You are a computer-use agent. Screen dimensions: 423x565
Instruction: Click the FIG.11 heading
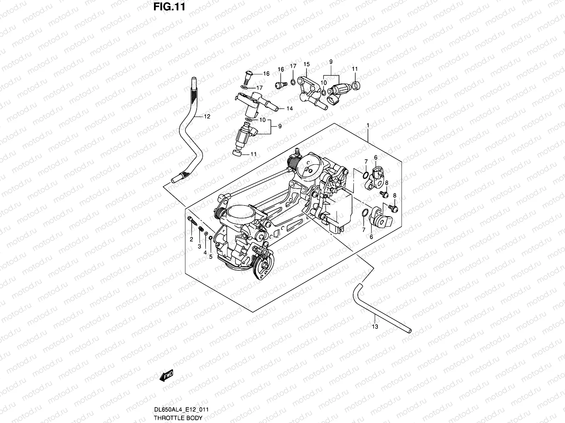(169, 7)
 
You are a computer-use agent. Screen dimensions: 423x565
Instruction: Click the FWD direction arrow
(166, 376)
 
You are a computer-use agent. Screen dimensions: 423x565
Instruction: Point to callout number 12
(207, 117)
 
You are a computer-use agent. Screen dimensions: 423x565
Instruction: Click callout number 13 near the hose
(375, 327)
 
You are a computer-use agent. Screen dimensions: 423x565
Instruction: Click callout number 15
(306, 64)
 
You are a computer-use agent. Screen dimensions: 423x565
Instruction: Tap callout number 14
(289, 109)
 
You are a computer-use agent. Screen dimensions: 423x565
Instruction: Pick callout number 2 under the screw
(191, 239)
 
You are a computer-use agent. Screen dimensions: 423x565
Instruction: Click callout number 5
(211, 257)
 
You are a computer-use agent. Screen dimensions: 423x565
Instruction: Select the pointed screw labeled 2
(192, 222)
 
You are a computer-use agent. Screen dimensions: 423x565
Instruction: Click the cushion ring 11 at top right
(356, 85)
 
